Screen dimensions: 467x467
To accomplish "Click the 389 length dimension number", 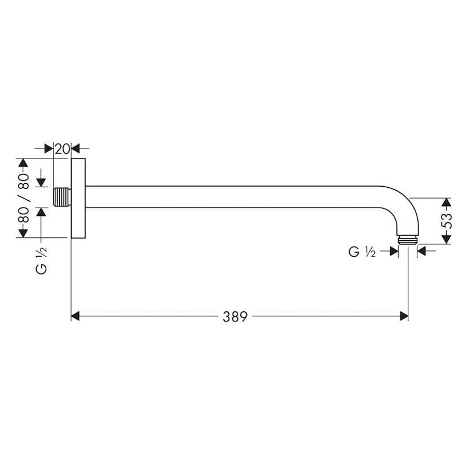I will [235, 316].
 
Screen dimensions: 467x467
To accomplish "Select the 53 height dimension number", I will [446, 221].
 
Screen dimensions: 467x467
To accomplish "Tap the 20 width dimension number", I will [62, 149].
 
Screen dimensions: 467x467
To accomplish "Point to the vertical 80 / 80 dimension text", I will [23, 198].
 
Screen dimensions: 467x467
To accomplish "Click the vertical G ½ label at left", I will [41, 260].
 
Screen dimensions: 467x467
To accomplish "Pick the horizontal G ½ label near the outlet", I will [362, 252].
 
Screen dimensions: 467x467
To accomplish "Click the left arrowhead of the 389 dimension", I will [76, 316].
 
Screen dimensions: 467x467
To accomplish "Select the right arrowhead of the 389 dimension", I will [403, 316].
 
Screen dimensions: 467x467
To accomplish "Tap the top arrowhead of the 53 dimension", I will [446, 202].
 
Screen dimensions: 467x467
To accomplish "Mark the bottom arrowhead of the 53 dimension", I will [446, 240].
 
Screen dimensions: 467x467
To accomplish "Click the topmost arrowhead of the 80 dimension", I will [23, 164].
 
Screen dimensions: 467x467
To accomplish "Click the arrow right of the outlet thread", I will [422, 252].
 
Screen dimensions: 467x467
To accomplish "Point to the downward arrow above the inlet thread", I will [41, 182].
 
